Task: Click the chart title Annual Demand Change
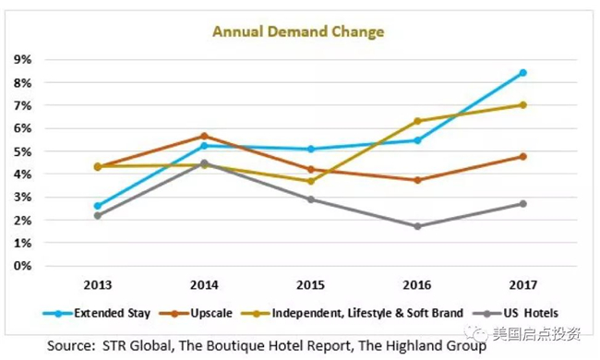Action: coord(298,31)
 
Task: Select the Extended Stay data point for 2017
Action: coord(522,73)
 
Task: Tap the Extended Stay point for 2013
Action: coord(98,206)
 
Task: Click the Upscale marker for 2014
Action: coord(204,137)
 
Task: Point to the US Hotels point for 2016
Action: coord(417,226)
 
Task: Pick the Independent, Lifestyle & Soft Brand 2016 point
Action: coord(417,121)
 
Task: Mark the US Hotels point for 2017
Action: coord(522,204)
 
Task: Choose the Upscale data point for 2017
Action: coord(522,157)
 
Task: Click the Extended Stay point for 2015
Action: coord(311,149)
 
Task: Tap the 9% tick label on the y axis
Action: coord(22,60)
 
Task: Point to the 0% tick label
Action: coord(22,266)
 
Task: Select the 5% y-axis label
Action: coord(22,151)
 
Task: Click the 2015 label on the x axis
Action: coord(311,285)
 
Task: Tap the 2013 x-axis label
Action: coord(98,285)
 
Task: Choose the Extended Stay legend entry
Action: coord(96,313)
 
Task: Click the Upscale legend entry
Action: coord(196,313)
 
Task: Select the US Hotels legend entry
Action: coord(515,313)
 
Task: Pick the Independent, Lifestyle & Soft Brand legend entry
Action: coord(353,313)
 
